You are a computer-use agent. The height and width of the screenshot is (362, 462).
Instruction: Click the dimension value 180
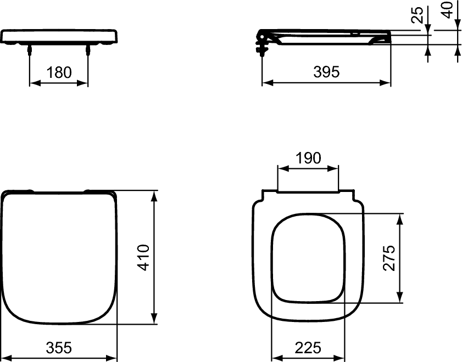[x=58, y=72]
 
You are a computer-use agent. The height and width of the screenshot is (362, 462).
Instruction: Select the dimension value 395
[x=326, y=71]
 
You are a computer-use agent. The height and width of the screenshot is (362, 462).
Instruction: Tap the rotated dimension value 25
[x=419, y=15]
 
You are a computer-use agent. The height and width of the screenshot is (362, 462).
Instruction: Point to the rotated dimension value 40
[x=449, y=10]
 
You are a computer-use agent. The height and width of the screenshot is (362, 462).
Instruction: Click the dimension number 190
[x=308, y=158]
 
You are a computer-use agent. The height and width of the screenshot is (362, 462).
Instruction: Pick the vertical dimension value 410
[x=144, y=257]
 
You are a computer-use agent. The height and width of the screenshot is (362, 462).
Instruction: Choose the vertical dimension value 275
[x=389, y=257]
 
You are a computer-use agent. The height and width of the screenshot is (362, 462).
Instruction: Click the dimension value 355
[x=59, y=347]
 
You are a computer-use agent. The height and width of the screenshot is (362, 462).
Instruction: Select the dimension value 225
[x=308, y=347]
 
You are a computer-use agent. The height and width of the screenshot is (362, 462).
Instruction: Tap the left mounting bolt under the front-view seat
[x=29, y=50]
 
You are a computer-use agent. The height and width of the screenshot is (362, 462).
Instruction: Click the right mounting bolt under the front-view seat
[x=88, y=50]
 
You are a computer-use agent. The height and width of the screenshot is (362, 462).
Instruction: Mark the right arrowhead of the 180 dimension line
[x=84, y=83]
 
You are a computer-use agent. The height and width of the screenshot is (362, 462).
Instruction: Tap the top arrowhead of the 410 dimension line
[x=156, y=195]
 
